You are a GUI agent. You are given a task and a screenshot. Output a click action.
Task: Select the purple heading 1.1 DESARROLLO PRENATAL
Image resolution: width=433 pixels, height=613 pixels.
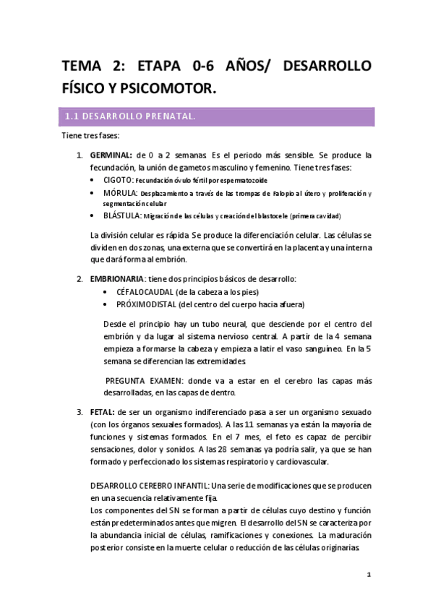tap(130, 116)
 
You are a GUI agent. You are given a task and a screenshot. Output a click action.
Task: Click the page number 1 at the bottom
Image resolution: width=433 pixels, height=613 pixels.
tap(369, 575)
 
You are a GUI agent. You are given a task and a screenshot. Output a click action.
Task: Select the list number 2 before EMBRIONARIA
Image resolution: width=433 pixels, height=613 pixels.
tap(80, 279)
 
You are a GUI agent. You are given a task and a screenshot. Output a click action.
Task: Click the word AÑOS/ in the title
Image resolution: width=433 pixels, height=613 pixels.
tap(249, 67)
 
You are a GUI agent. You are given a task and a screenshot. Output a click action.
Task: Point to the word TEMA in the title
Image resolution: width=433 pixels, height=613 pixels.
tap(84, 67)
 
